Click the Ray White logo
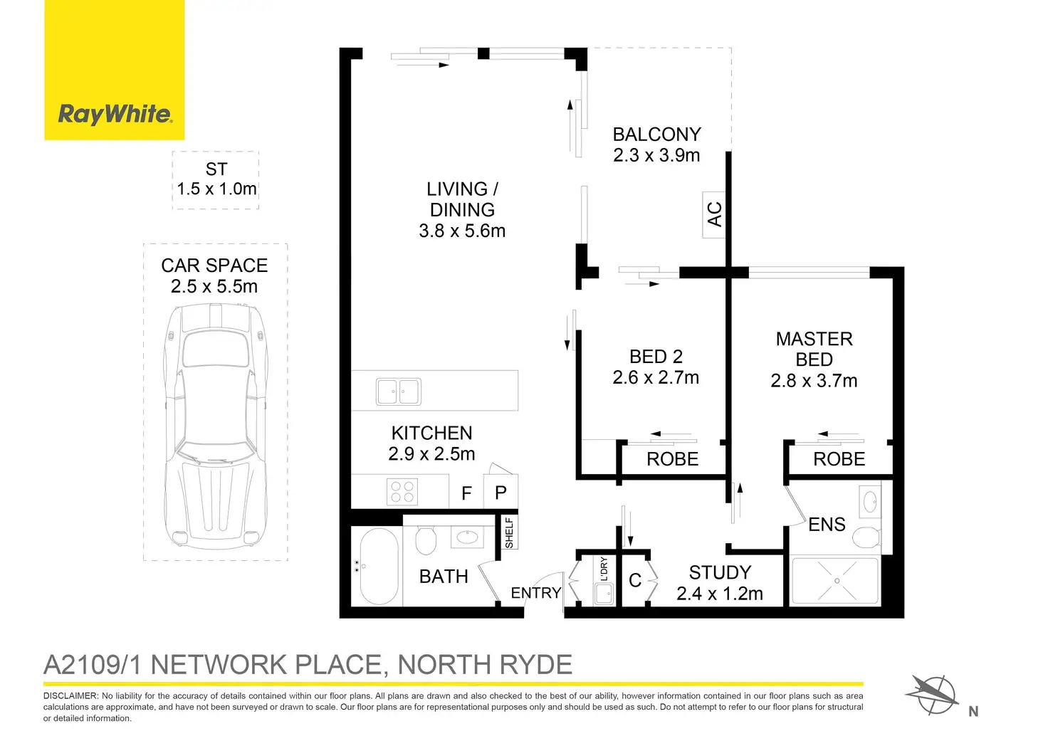(115, 114)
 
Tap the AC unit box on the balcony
(714, 214)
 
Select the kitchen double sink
(399, 391)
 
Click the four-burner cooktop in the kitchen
(402, 492)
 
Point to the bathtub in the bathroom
(378, 567)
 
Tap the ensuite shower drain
(837, 581)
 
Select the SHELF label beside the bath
(509, 532)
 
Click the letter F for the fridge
(466, 493)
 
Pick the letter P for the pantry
(501, 493)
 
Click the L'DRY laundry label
(604, 569)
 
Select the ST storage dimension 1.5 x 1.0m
(216, 189)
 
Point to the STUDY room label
(720, 573)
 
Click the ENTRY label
(535, 593)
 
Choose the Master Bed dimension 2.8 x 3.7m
(814, 381)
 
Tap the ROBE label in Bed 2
(672, 459)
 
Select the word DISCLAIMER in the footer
(70, 695)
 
